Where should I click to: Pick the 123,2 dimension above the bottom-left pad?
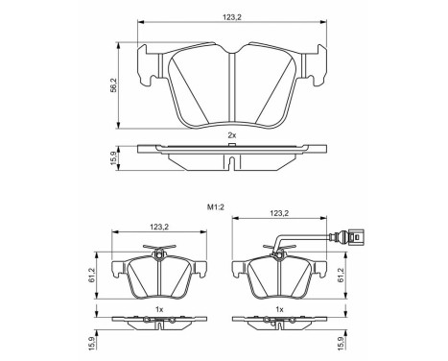coord(160,228)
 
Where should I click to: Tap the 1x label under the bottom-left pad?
coord(160,309)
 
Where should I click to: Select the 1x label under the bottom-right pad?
coord(278,309)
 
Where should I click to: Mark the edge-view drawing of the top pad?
coord(233,152)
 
